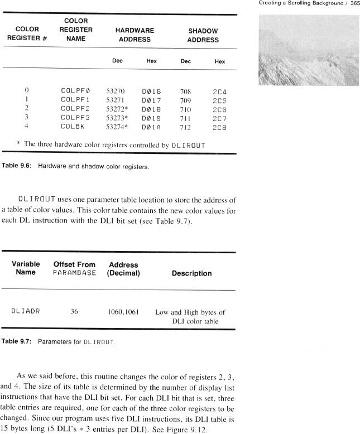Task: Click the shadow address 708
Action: [185, 90]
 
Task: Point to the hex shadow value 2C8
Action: [219, 127]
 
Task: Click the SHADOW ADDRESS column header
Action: [203, 35]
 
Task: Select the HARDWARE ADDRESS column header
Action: [135, 35]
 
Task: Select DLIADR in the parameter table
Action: [24, 312]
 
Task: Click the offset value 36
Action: [74, 312]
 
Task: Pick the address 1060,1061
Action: [123, 312]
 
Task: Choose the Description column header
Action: [191, 273]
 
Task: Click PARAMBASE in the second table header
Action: [74, 273]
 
